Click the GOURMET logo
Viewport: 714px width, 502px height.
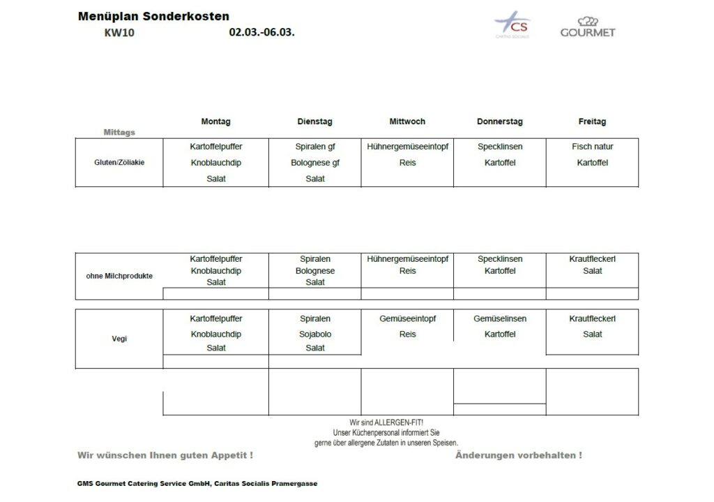click(x=588, y=27)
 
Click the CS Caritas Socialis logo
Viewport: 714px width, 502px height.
click(x=512, y=25)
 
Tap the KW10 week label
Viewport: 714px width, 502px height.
click(x=119, y=33)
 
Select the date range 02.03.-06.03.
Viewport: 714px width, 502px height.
click(x=261, y=32)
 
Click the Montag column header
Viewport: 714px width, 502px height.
click(x=215, y=121)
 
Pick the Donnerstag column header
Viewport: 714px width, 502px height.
click(x=499, y=121)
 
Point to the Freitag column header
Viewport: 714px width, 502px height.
click(x=592, y=121)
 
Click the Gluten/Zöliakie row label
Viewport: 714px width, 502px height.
click(x=119, y=163)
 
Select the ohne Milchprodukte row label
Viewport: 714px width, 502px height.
click(x=119, y=276)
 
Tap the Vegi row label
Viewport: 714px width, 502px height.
click(x=119, y=339)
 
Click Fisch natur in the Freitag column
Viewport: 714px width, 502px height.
click(x=592, y=147)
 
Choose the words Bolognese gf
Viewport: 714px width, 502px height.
click(x=314, y=163)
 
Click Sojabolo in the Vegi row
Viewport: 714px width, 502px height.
click(x=314, y=334)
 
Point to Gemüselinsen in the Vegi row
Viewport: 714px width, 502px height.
click(x=499, y=318)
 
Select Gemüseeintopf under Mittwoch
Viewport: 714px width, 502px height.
click(x=407, y=318)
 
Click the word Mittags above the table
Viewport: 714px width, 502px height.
click(x=119, y=132)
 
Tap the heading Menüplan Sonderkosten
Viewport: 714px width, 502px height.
click(x=153, y=16)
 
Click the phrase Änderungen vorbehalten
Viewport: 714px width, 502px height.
click(x=518, y=455)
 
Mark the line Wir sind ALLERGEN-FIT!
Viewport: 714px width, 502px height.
click(x=386, y=422)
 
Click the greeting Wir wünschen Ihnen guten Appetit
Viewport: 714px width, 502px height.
click(x=165, y=455)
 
